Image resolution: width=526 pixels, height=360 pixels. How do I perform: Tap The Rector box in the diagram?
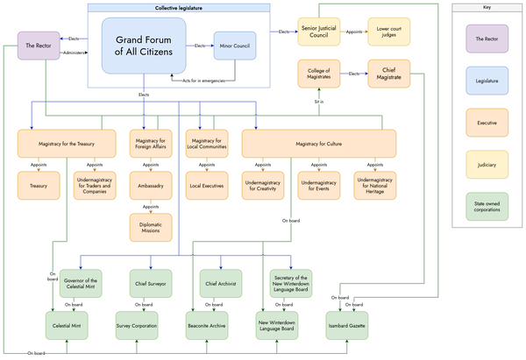[41, 46]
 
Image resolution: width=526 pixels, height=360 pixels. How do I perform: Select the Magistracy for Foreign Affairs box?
[151, 144]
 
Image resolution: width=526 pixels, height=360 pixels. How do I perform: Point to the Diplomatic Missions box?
[151, 227]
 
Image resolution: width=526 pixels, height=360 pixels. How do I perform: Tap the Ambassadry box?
[151, 185]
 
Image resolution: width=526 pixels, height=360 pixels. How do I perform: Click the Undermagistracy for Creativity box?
[264, 185]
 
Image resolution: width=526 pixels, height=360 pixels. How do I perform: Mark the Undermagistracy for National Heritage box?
[378, 185]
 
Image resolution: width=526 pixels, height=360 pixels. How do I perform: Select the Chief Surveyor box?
[151, 285]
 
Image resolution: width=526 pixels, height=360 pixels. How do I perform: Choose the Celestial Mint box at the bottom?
[70, 325]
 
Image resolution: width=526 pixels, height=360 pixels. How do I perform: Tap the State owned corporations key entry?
[487, 208]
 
